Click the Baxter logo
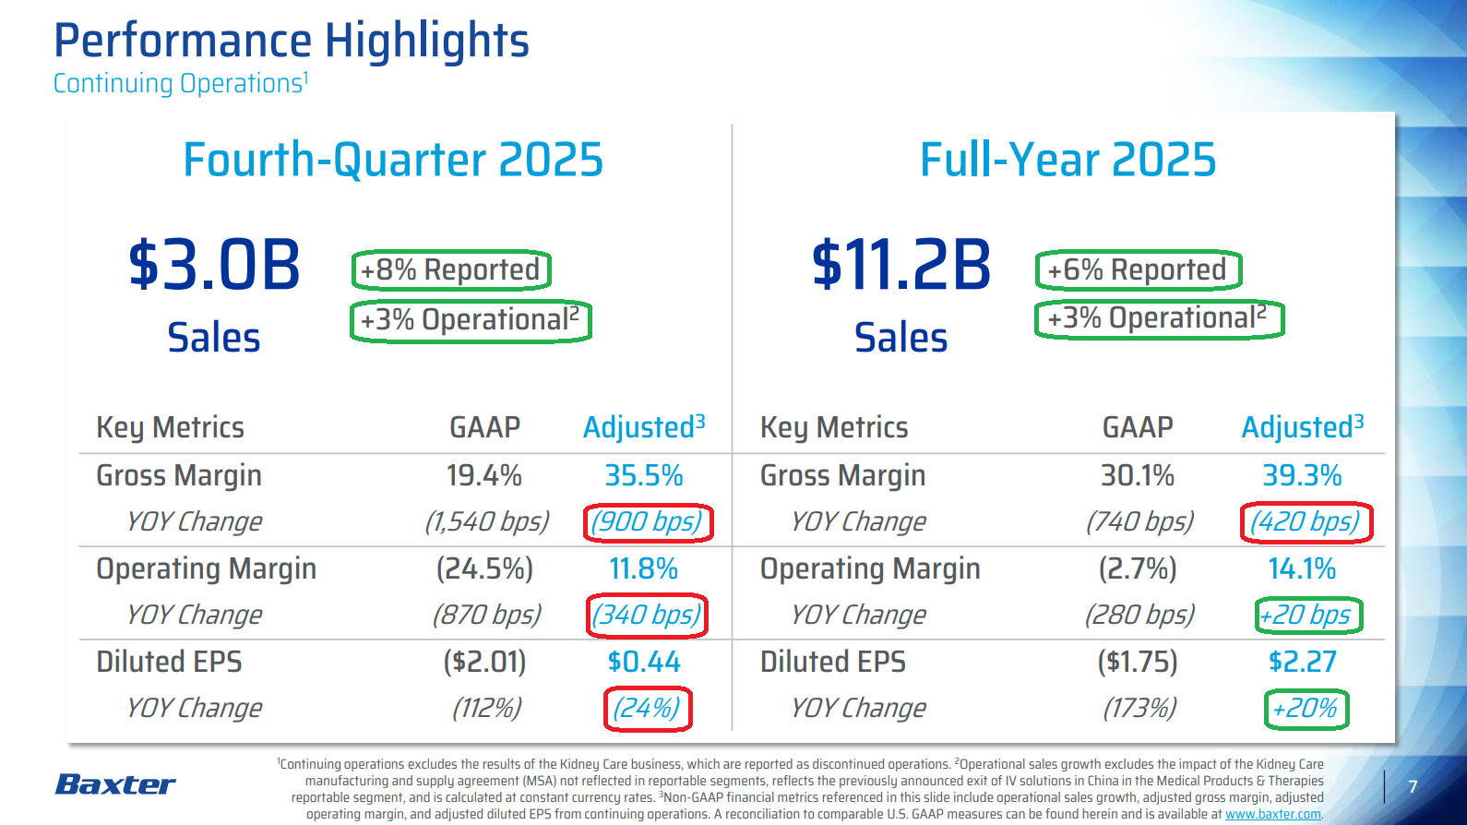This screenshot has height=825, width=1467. coord(115,784)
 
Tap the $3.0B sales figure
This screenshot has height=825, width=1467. coord(214,266)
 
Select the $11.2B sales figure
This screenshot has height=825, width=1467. coord(901,266)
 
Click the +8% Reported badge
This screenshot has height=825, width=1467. coord(451,270)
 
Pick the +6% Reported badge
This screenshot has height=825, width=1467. coord(1138,270)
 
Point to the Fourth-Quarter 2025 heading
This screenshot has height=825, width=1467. coord(393,160)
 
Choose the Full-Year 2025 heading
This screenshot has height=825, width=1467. coord(1067,160)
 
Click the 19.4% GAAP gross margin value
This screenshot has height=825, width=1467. coord(483,476)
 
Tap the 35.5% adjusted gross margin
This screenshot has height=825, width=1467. coord(643,476)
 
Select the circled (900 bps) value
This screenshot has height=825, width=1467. coord(648,522)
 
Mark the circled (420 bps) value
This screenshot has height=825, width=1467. coord(1306,522)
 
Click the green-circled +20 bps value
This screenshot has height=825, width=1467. coord(1307,616)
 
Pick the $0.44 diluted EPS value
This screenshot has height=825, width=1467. coord(644,662)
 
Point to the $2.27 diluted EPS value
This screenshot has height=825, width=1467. coord(1302,662)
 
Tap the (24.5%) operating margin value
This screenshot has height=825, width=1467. coord(484,569)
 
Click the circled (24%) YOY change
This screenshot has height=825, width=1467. coord(648,709)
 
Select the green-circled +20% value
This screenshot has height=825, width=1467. coord(1306,709)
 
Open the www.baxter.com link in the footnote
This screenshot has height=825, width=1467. coord(1272,815)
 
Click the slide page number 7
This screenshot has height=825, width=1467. coord(1413,787)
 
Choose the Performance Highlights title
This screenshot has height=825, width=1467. coord(292,42)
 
